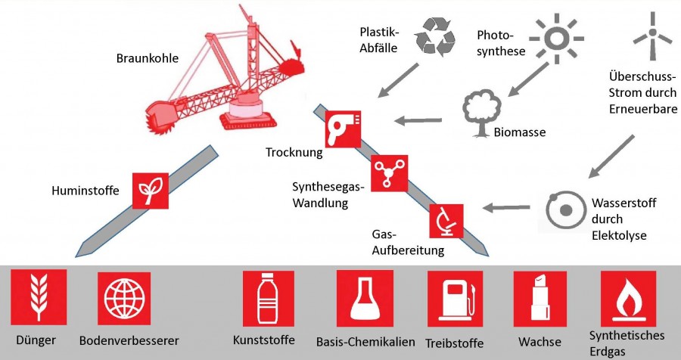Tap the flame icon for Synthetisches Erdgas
click(628, 298)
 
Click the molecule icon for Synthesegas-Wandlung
click(389, 173)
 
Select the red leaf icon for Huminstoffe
click(151, 191)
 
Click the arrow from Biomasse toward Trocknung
click(421, 119)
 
